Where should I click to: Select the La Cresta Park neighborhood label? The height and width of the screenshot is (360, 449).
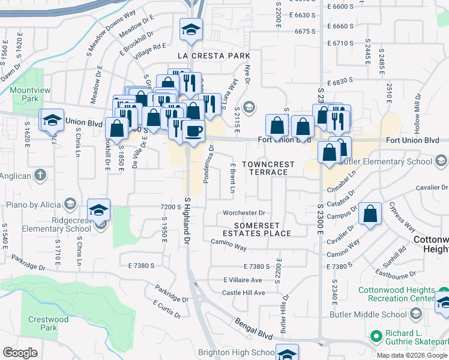point(208,56)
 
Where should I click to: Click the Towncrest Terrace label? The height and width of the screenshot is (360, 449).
point(268,168)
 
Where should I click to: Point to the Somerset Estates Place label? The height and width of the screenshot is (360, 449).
point(256,229)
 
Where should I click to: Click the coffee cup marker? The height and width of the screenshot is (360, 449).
point(193,130)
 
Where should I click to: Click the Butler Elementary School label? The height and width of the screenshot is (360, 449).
point(385,161)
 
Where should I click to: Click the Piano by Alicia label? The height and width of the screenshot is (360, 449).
point(34,204)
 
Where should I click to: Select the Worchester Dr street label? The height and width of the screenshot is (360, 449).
point(244,212)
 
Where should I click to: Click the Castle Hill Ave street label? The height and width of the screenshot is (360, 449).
point(244,293)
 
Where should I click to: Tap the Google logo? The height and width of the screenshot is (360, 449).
point(20,353)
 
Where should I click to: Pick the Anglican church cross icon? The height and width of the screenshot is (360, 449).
point(40,175)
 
